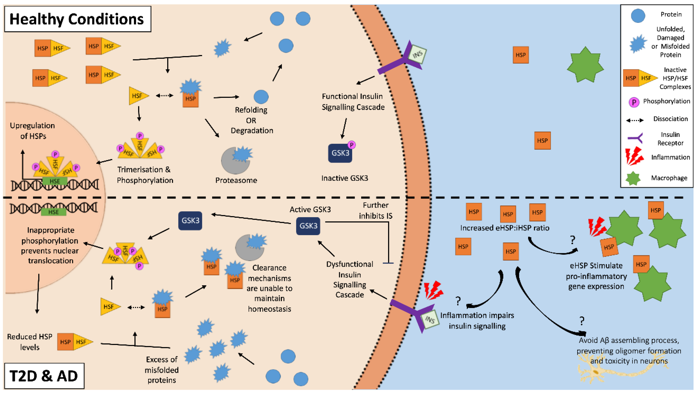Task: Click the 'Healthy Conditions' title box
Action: (x=77, y=19)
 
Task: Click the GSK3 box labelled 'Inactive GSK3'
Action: (x=340, y=153)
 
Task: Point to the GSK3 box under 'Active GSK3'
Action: (x=308, y=226)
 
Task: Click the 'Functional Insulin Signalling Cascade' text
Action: (x=353, y=102)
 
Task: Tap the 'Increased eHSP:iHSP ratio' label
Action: (x=504, y=228)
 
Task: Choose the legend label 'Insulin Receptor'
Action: (x=670, y=139)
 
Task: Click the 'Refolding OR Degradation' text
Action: (x=252, y=120)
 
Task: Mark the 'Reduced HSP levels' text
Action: (x=29, y=342)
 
